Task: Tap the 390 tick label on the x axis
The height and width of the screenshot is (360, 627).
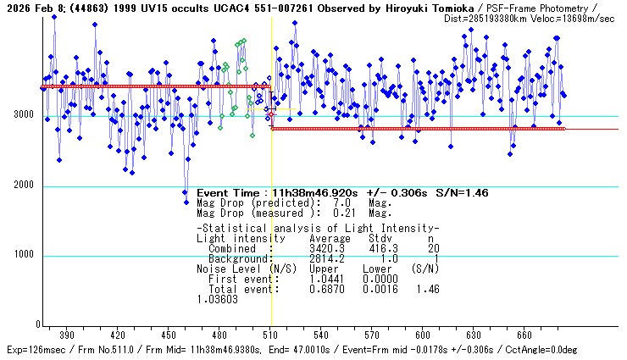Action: [x=67, y=335]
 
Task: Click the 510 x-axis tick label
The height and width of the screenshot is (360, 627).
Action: [x=270, y=335]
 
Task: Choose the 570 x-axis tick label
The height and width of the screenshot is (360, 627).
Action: [x=372, y=335]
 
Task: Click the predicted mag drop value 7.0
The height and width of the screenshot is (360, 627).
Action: [x=342, y=204]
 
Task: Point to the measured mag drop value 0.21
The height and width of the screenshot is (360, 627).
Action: [x=342, y=213]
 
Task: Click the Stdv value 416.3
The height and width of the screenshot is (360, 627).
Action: [x=376, y=248]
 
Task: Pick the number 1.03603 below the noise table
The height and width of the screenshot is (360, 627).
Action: [x=217, y=298]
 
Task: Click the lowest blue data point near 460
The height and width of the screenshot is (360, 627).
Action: [x=186, y=202]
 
